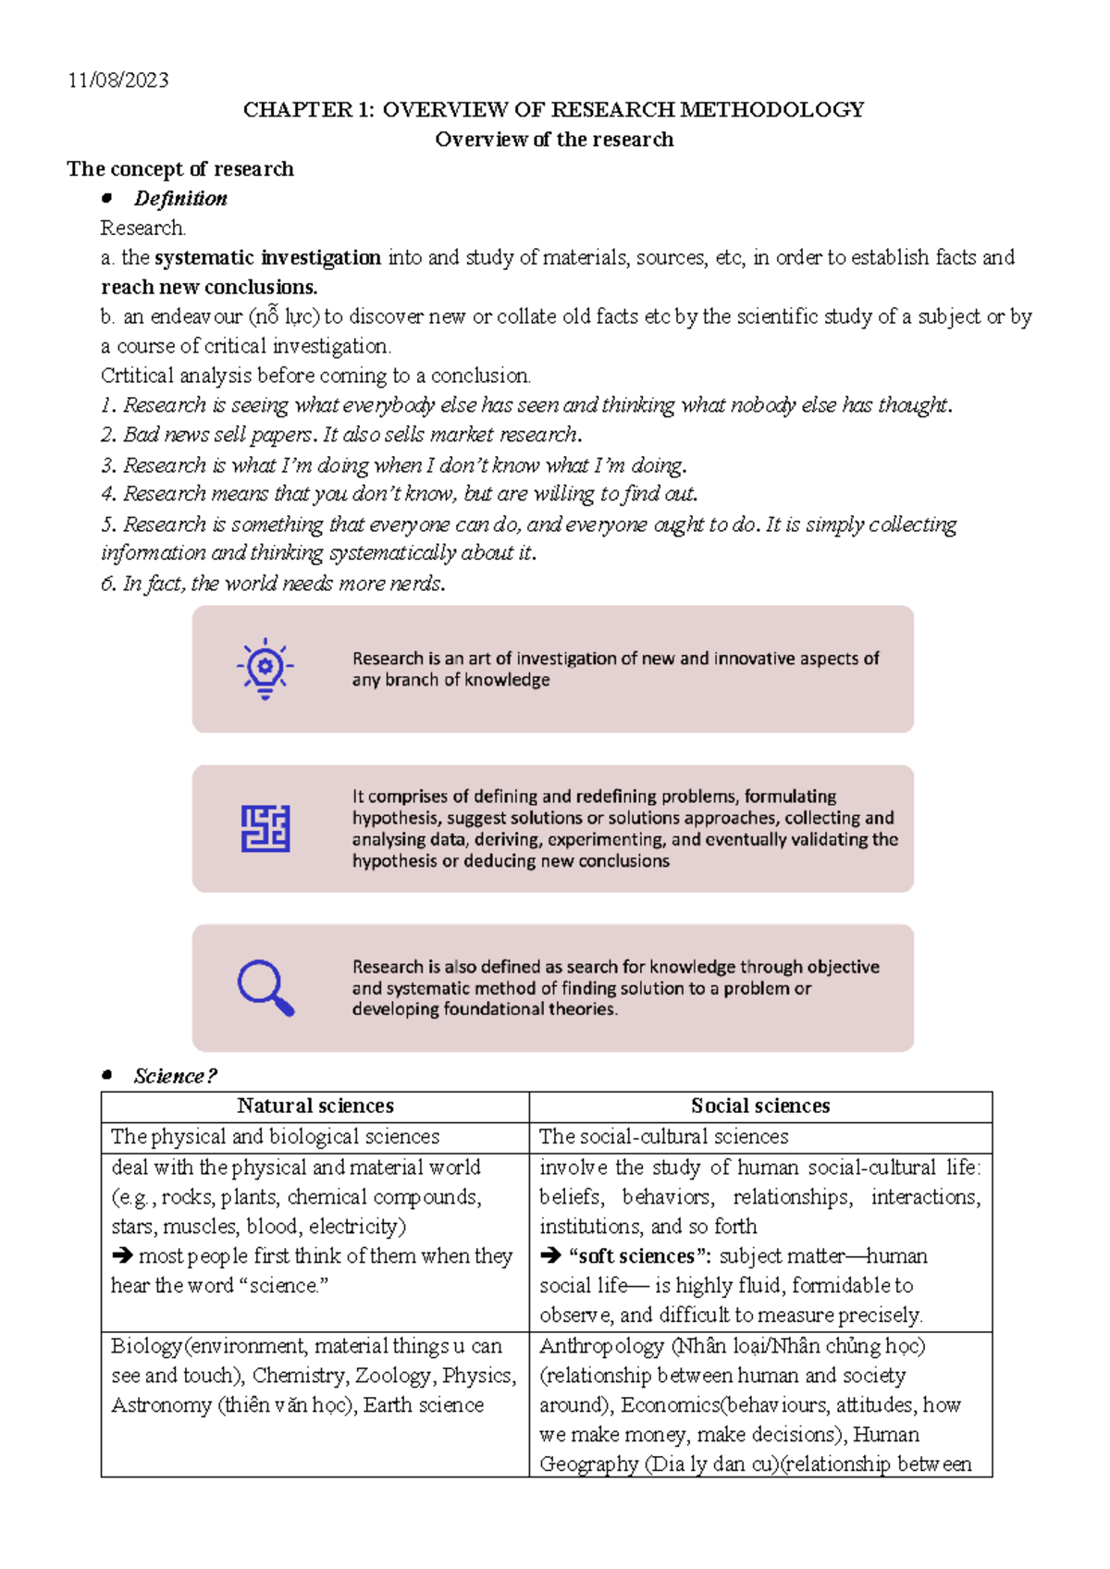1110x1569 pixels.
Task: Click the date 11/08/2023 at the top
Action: [x=118, y=80]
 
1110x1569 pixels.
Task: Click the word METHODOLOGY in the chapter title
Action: [x=771, y=110]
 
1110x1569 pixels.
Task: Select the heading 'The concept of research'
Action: [x=180, y=169]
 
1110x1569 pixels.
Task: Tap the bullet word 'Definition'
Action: [x=180, y=199]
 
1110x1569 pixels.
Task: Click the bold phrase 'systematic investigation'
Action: [x=267, y=257]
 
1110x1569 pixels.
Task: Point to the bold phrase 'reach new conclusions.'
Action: [x=209, y=287]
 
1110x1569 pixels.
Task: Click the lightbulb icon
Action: [x=265, y=668]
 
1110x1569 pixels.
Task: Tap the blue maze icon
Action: [x=265, y=828]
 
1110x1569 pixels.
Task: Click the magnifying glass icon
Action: [x=265, y=988]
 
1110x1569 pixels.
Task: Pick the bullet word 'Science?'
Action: [x=175, y=1076]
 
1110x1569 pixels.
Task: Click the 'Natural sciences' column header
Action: [x=315, y=1106]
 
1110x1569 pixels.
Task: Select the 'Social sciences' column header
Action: [x=760, y=1106]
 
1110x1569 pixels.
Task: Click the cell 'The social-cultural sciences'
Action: [x=663, y=1136]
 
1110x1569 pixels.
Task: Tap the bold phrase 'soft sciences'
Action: [x=635, y=1256]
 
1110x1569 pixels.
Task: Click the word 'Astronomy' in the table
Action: [x=162, y=1405]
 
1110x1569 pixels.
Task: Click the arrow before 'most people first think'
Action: [x=122, y=1256]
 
